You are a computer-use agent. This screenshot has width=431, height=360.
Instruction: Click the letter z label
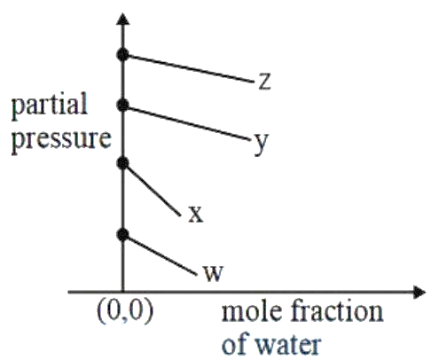pos(264,82)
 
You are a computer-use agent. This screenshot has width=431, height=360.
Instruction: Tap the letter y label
pos(261,144)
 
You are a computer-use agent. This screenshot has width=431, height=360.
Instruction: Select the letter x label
pos(196,214)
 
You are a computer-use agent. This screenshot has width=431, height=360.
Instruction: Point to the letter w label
pos(214,273)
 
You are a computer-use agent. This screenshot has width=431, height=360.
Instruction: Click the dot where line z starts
pos(122,55)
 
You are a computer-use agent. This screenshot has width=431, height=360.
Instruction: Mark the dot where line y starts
pos(122,105)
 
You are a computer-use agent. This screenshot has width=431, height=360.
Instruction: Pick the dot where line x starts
pos(122,163)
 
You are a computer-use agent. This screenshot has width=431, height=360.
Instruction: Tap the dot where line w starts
pos(122,235)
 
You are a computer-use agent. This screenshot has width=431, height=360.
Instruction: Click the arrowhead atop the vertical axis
pos(123,19)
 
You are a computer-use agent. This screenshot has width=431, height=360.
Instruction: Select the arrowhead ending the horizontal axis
pos(419,293)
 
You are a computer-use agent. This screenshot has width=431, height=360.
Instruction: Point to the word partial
pos(50,106)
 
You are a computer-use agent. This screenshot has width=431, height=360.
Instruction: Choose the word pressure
pos(61,140)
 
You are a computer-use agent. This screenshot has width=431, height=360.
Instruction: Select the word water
pos(288,345)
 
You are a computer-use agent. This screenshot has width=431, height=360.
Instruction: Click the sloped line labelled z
pos(188,68)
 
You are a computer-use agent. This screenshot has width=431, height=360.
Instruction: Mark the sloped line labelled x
pos(152,189)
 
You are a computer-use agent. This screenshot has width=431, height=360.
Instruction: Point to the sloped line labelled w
pos(160,254)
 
